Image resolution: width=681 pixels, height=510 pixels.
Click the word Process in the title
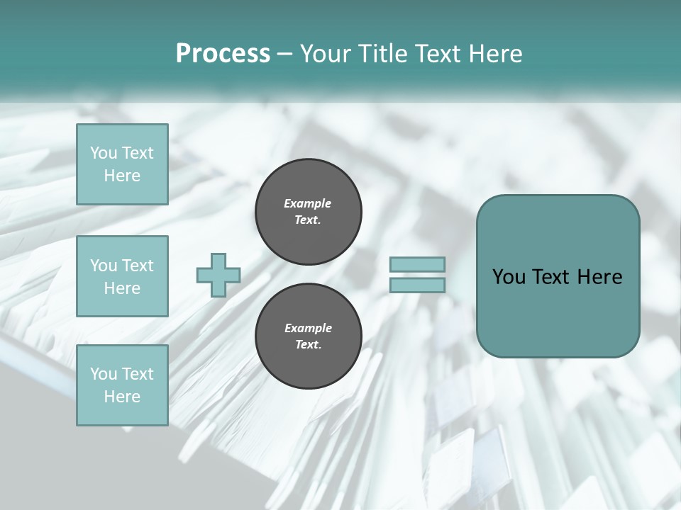[223, 54]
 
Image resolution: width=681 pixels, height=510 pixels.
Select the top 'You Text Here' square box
[122, 164]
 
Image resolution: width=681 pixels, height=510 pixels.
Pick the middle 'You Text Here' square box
[122, 276]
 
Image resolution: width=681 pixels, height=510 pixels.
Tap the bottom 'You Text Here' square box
[122, 385]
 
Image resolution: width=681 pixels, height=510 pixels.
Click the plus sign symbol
[218, 275]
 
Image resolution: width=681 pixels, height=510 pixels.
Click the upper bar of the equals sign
[418, 264]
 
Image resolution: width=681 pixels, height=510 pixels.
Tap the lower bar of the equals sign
[418, 285]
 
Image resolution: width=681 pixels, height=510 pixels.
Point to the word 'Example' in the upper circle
[308, 203]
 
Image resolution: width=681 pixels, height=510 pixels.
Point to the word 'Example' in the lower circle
[308, 328]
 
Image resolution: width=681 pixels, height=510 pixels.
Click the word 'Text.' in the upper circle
[308, 220]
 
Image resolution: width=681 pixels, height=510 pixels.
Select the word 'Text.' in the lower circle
[308, 345]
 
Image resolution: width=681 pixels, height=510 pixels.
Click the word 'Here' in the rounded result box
[599, 277]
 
